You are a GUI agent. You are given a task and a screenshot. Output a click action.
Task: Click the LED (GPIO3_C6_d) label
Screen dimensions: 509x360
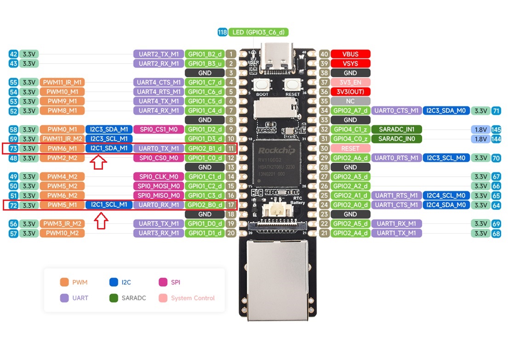pos(258,32)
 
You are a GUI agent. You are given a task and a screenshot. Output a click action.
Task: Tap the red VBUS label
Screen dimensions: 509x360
pos(350,54)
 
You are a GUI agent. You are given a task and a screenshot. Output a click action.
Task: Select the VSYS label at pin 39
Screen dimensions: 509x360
pos(350,63)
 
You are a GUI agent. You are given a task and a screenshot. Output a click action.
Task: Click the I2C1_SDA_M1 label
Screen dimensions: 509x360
pos(109,149)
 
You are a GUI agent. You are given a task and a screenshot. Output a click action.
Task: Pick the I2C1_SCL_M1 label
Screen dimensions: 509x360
pos(109,205)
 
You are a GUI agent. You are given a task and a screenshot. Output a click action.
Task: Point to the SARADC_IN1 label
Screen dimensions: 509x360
pos(396,129)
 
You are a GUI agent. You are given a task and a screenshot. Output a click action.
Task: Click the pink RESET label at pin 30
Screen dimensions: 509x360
pos(350,149)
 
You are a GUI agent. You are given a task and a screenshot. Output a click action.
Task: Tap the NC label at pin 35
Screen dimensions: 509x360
pos(350,101)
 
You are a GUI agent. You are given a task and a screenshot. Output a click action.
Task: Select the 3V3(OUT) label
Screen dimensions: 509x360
pos(350,91)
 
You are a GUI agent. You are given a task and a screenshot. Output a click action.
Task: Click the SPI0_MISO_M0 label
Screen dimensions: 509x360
pos(159,195)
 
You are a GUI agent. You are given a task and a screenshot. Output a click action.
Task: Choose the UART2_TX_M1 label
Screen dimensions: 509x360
pos(159,54)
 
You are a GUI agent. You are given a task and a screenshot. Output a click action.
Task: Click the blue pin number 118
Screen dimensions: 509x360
pos(223,32)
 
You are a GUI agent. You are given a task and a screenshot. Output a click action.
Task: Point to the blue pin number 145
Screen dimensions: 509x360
pos(496,129)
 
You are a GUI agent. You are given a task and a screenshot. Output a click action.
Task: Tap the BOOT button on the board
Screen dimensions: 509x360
pos(262,85)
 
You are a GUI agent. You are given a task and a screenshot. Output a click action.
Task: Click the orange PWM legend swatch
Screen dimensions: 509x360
pos(64,282)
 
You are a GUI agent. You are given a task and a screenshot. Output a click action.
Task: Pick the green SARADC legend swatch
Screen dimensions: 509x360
pos(114,298)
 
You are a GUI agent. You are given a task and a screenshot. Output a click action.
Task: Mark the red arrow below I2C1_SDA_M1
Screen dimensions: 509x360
pos(99,162)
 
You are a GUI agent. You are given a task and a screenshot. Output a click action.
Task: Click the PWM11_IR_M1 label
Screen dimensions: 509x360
pos(62,82)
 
